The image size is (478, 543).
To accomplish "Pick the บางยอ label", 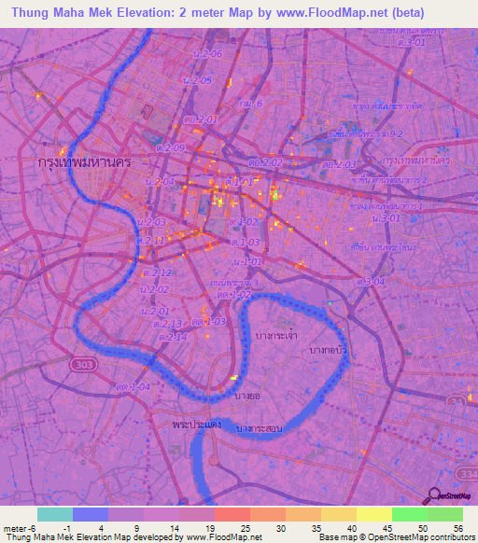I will coord(247,397).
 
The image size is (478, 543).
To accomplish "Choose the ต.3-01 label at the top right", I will coord(409,42).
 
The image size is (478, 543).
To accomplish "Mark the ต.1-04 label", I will coord(134,384).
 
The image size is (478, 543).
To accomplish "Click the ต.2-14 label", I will coord(175,336).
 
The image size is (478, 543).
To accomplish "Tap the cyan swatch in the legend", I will coord(54,514).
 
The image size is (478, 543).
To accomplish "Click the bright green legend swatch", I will coord(409,514).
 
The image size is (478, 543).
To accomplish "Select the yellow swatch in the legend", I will coord(374,514).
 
